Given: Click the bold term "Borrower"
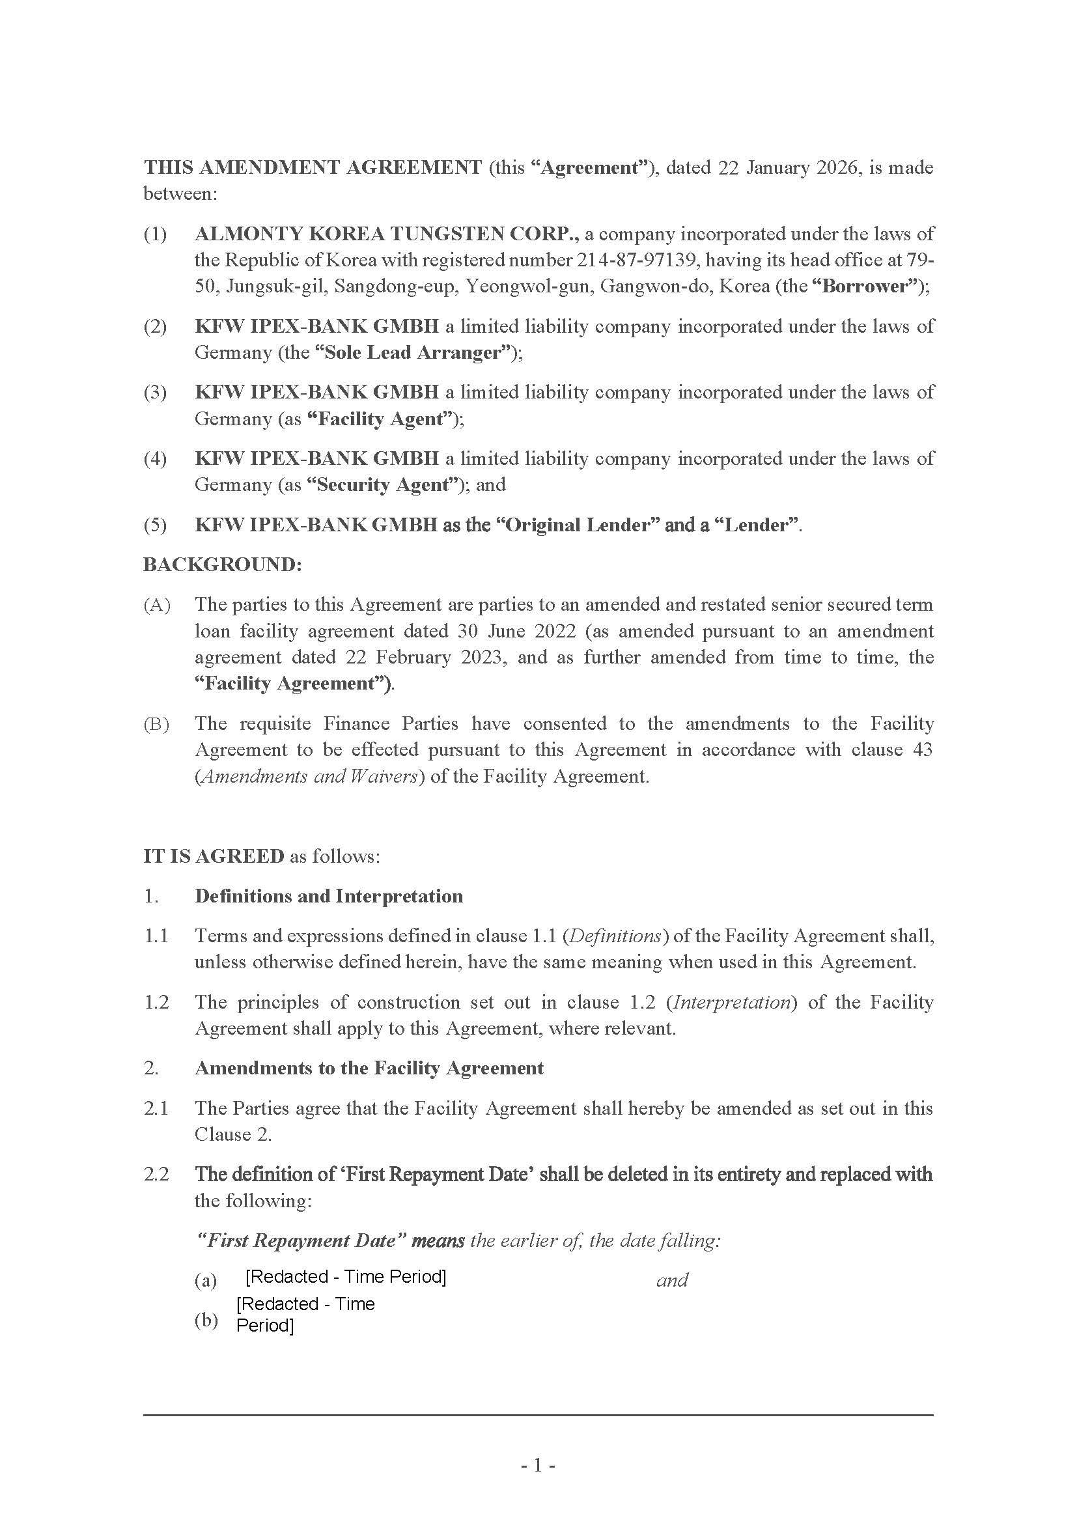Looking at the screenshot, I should pos(866,286).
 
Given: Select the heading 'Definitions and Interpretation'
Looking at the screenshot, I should pos(328,896).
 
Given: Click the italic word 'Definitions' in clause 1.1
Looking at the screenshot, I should pos(615,936).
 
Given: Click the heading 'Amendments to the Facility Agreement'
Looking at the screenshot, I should pos(369,1068).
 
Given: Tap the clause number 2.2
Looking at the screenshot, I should pos(156,1174).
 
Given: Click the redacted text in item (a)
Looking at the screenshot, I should pos(346,1276).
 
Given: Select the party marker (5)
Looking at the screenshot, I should pos(155,525).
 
